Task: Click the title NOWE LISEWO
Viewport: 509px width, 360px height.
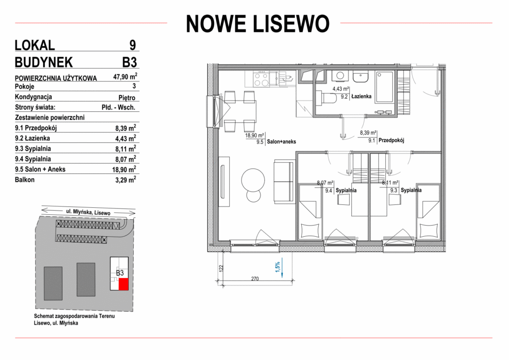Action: (x=258, y=23)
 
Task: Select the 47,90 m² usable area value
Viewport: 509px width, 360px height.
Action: (x=125, y=77)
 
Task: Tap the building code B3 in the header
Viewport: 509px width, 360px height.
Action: (x=130, y=62)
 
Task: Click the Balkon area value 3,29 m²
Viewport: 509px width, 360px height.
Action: (x=126, y=180)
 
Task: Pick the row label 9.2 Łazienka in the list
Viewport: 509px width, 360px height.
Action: (x=32, y=138)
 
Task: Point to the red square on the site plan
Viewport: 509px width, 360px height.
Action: (x=123, y=284)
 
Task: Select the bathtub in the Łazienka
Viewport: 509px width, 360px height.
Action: (x=384, y=88)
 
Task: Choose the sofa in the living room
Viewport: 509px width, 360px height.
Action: (x=284, y=181)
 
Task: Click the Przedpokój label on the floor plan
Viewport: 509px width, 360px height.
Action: (x=391, y=141)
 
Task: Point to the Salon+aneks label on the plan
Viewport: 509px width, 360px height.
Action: (x=281, y=142)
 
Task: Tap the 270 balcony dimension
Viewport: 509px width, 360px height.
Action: (x=255, y=278)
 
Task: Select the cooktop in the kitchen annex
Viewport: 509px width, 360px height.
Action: (x=261, y=79)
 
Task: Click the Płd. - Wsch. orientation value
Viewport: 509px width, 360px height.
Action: (x=118, y=107)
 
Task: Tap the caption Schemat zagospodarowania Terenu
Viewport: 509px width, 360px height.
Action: (x=75, y=316)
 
